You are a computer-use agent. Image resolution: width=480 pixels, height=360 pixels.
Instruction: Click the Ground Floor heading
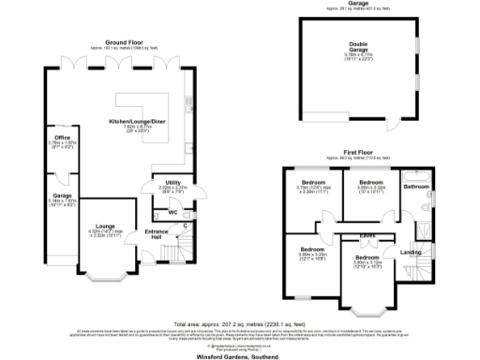(x=128, y=42)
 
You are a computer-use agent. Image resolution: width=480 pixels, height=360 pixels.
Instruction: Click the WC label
(x=172, y=212)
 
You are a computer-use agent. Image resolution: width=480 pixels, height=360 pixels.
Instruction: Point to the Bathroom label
(x=416, y=187)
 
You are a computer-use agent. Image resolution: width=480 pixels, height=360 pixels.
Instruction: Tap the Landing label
(x=411, y=251)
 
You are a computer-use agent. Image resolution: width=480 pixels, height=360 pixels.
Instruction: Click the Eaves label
(x=367, y=234)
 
